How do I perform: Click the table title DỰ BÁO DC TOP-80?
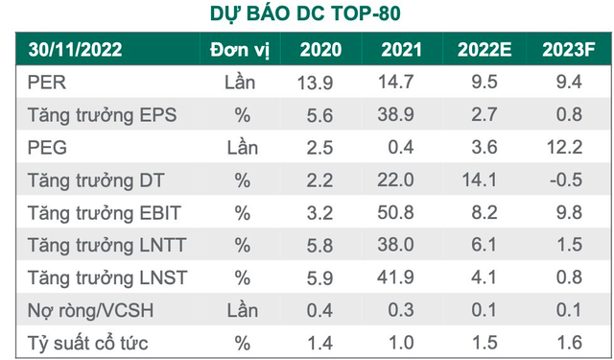(306, 13)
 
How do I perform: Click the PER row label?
(46, 84)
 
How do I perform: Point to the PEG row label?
(46, 149)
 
